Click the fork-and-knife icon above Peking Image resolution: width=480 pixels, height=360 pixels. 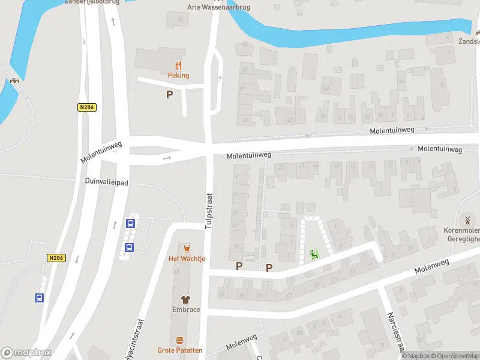pos(178,65)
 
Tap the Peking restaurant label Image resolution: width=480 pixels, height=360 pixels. pos(178,76)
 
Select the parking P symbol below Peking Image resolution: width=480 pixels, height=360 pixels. pos(169,94)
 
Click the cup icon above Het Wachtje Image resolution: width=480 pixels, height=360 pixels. pos(187,248)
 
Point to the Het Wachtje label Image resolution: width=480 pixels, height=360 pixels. pos(187,259)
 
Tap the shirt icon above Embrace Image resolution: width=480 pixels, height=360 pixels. pos(185,299)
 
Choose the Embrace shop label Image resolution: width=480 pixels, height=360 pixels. pos(185,310)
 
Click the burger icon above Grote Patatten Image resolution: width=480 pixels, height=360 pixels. pos(180,340)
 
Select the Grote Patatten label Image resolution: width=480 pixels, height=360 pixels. pos(180,350)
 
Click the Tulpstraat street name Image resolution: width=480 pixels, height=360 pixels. pos(209,211)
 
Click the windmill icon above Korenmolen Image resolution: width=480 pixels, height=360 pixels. pos(467,220)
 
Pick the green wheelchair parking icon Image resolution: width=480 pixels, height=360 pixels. pos(314,254)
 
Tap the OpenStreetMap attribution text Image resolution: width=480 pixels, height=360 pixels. pos(455,356)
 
